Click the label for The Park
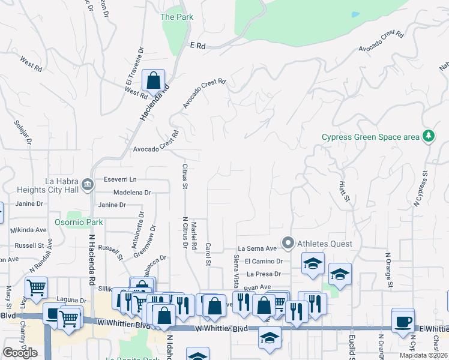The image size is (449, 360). coord(176,17)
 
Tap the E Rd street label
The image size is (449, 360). coord(197,45)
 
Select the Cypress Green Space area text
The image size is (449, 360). coord(370,137)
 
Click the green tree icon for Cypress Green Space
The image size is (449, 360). coord(429,136)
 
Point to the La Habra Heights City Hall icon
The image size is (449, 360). coord(88,184)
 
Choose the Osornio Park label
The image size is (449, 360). coord(83,222)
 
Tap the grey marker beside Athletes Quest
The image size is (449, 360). coord(288,244)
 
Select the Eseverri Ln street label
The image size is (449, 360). coord(120,179)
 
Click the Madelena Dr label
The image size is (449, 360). coord(132,193)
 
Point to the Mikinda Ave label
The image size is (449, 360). coord(28,230)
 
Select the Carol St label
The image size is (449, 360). coord(208,254)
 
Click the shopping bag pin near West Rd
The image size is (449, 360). coord(154,80)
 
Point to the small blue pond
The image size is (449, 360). coord(355,14)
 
